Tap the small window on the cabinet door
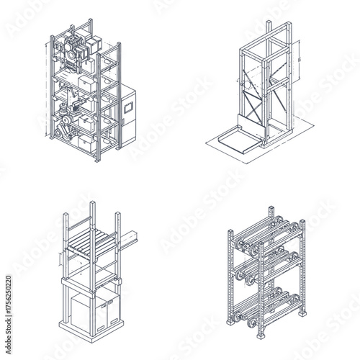pyautogui.click(x=130, y=105)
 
